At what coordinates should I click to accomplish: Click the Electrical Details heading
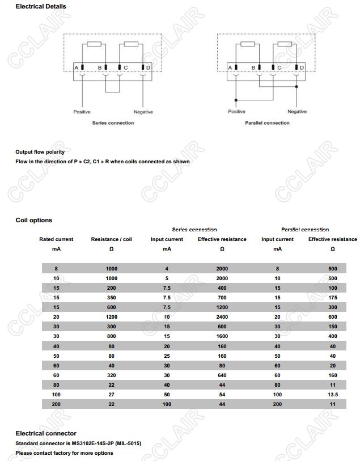pyautogui.click(x=41, y=6)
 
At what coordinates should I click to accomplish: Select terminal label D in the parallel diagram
pyautogui.click(x=302, y=68)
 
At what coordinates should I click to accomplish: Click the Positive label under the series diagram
pyautogui.click(x=82, y=112)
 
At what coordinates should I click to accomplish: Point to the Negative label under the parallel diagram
pyautogui.click(x=297, y=112)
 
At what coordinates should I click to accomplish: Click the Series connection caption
pyautogui.click(x=113, y=123)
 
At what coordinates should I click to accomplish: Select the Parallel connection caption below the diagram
pyautogui.click(x=267, y=123)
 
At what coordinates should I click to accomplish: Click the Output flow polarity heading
pyautogui.click(x=40, y=151)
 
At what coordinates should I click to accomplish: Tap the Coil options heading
pyautogui.click(x=33, y=220)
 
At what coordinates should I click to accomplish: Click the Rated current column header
pyautogui.click(x=56, y=239)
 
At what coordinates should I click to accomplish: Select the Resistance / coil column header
pyautogui.click(x=111, y=239)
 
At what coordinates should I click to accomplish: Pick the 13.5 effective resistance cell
pyautogui.click(x=333, y=394)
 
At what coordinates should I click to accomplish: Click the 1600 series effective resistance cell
pyautogui.click(x=222, y=336)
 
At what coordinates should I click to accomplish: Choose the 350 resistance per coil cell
pyautogui.click(x=111, y=298)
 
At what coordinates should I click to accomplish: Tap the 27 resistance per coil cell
pyautogui.click(x=111, y=394)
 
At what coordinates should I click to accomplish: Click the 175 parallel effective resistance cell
pyautogui.click(x=333, y=298)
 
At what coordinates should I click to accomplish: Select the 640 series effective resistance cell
pyautogui.click(x=222, y=375)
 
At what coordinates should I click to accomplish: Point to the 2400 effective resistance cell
pyautogui.click(x=222, y=317)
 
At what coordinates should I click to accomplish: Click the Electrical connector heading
pyautogui.click(x=46, y=433)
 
